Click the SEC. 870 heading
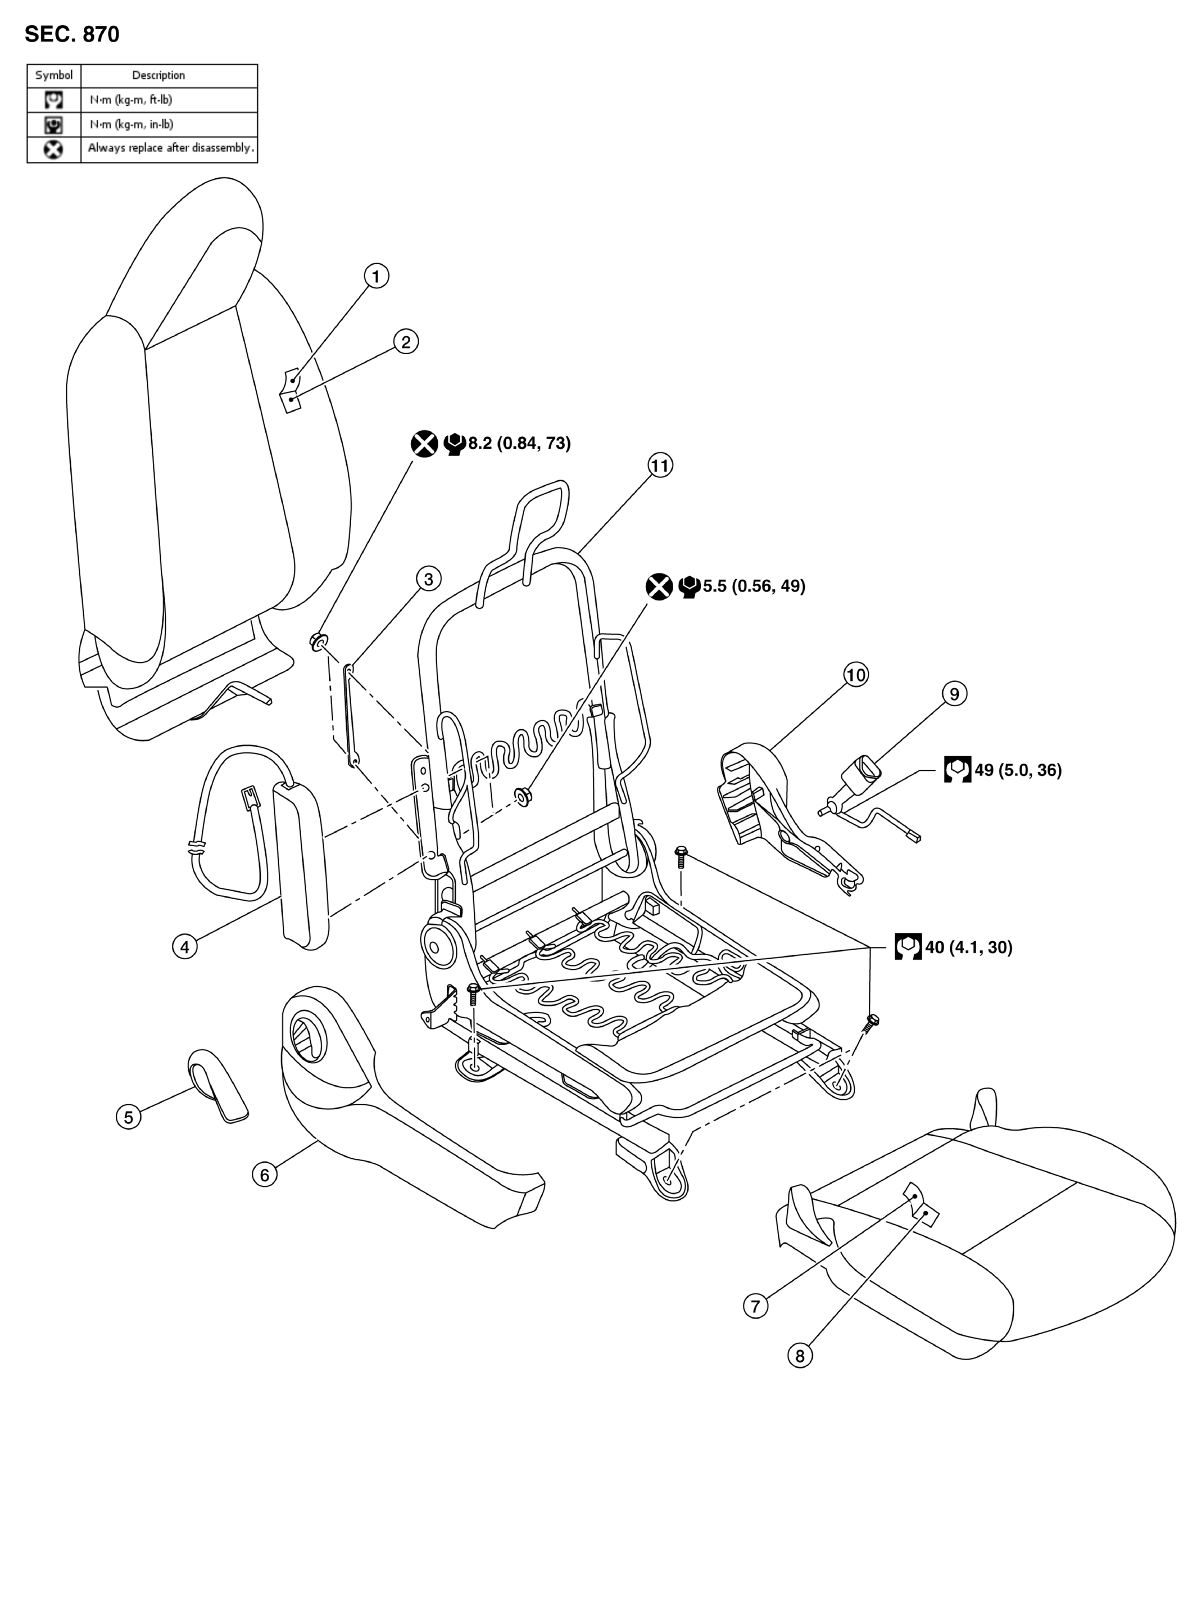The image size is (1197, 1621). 72,34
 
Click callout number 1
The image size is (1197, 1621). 375,276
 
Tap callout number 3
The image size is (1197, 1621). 428,579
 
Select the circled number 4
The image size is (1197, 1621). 185,946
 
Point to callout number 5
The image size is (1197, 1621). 129,1117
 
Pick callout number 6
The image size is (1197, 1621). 265,1175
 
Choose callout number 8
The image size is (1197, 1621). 800,1356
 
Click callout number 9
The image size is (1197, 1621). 954,694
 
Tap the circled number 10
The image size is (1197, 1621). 856,675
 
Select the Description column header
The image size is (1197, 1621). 158,75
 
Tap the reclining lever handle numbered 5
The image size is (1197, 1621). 218,1085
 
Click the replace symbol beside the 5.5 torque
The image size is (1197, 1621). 659,586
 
